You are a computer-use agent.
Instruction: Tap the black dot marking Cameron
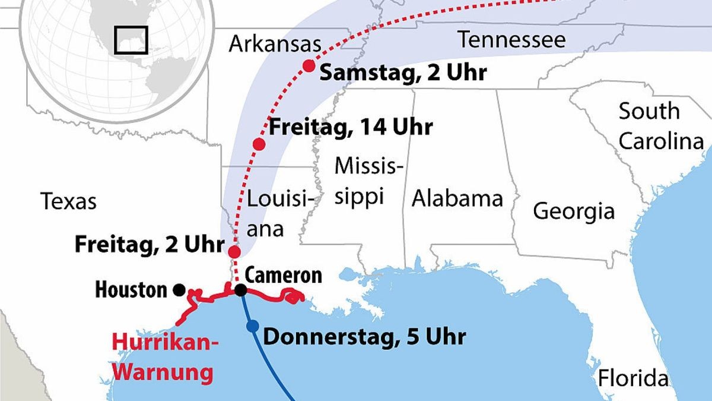tap(240, 290)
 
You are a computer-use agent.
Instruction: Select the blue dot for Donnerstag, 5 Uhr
tap(253, 326)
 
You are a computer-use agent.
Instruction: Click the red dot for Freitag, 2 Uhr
tap(234, 251)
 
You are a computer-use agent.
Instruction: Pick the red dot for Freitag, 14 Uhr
tap(259, 144)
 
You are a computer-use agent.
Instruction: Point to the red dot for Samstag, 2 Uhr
tap(309, 66)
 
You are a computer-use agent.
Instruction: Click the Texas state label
tap(68, 201)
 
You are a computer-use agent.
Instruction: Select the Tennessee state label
tap(511, 40)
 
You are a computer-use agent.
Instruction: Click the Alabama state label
tap(457, 198)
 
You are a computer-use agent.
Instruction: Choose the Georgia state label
tap(573, 211)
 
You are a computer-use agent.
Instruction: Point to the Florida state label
tap(632, 378)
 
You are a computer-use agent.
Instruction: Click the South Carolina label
tap(660, 126)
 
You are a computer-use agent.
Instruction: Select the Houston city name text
tap(131, 290)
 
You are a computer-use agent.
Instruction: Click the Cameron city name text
tap(284, 275)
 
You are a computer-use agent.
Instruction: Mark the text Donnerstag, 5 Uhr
tap(364, 337)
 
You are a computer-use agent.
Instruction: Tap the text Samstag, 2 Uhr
tap(403, 72)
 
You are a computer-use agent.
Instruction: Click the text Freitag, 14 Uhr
tap(351, 127)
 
